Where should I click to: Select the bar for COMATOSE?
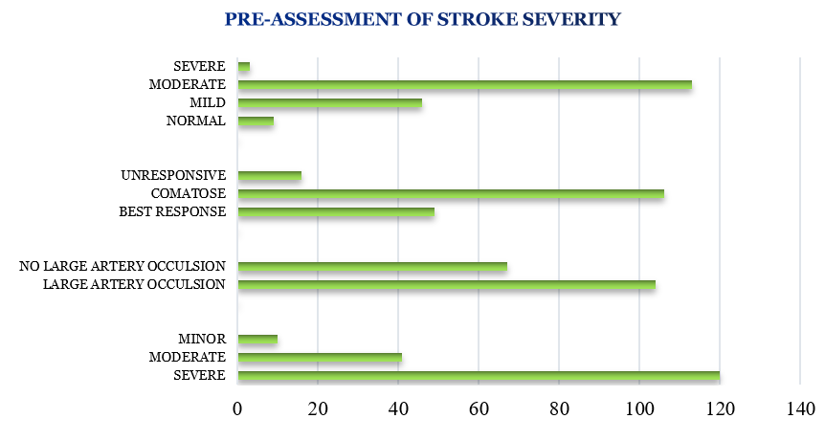coord(450,194)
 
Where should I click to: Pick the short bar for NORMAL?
coord(255,121)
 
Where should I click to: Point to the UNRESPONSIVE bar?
coord(269,176)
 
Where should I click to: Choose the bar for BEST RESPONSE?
coord(335,212)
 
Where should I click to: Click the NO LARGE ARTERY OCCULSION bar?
coord(371,267)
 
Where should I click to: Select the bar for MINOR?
coord(256,340)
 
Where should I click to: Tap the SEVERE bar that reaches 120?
coord(478,376)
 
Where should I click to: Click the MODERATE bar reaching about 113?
coord(464,85)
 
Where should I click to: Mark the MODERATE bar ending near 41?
coord(319,358)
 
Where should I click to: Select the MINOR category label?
coord(201,340)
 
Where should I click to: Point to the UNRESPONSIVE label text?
coord(173,176)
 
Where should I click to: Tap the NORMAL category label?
coord(195,121)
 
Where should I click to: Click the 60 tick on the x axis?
coord(478,408)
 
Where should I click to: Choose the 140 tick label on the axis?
coord(799,408)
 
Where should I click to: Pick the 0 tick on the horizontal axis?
coord(237,408)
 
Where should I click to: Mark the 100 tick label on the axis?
coord(638,408)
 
